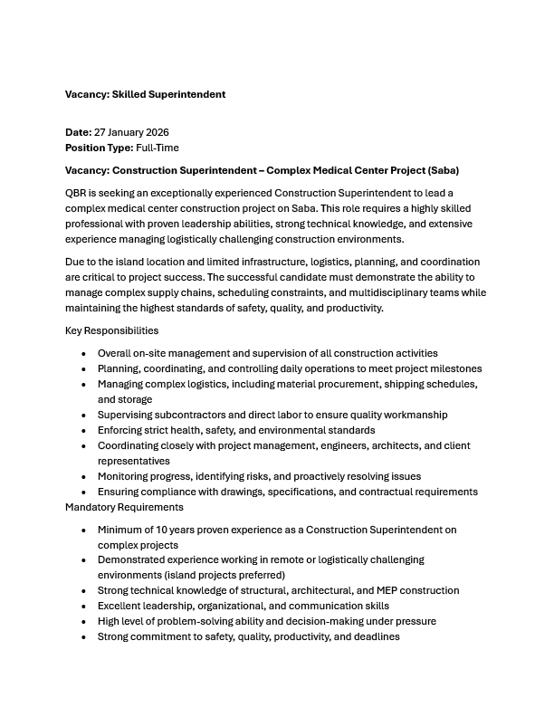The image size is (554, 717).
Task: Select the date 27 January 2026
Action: pos(131,132)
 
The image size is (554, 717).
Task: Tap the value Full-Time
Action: pos(158,147)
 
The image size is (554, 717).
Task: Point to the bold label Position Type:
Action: pos(99,147)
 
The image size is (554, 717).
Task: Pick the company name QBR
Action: pos(77,194)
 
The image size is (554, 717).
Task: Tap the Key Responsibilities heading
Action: pos(111,330)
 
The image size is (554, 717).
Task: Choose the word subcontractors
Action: pos(177,415)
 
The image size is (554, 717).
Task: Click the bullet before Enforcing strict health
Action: pos(84,430)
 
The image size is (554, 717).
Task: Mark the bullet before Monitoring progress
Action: pos(84,476)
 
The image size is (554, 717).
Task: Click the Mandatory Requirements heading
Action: pos(124,507)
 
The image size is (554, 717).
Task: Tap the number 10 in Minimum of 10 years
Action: pos(160,530)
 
